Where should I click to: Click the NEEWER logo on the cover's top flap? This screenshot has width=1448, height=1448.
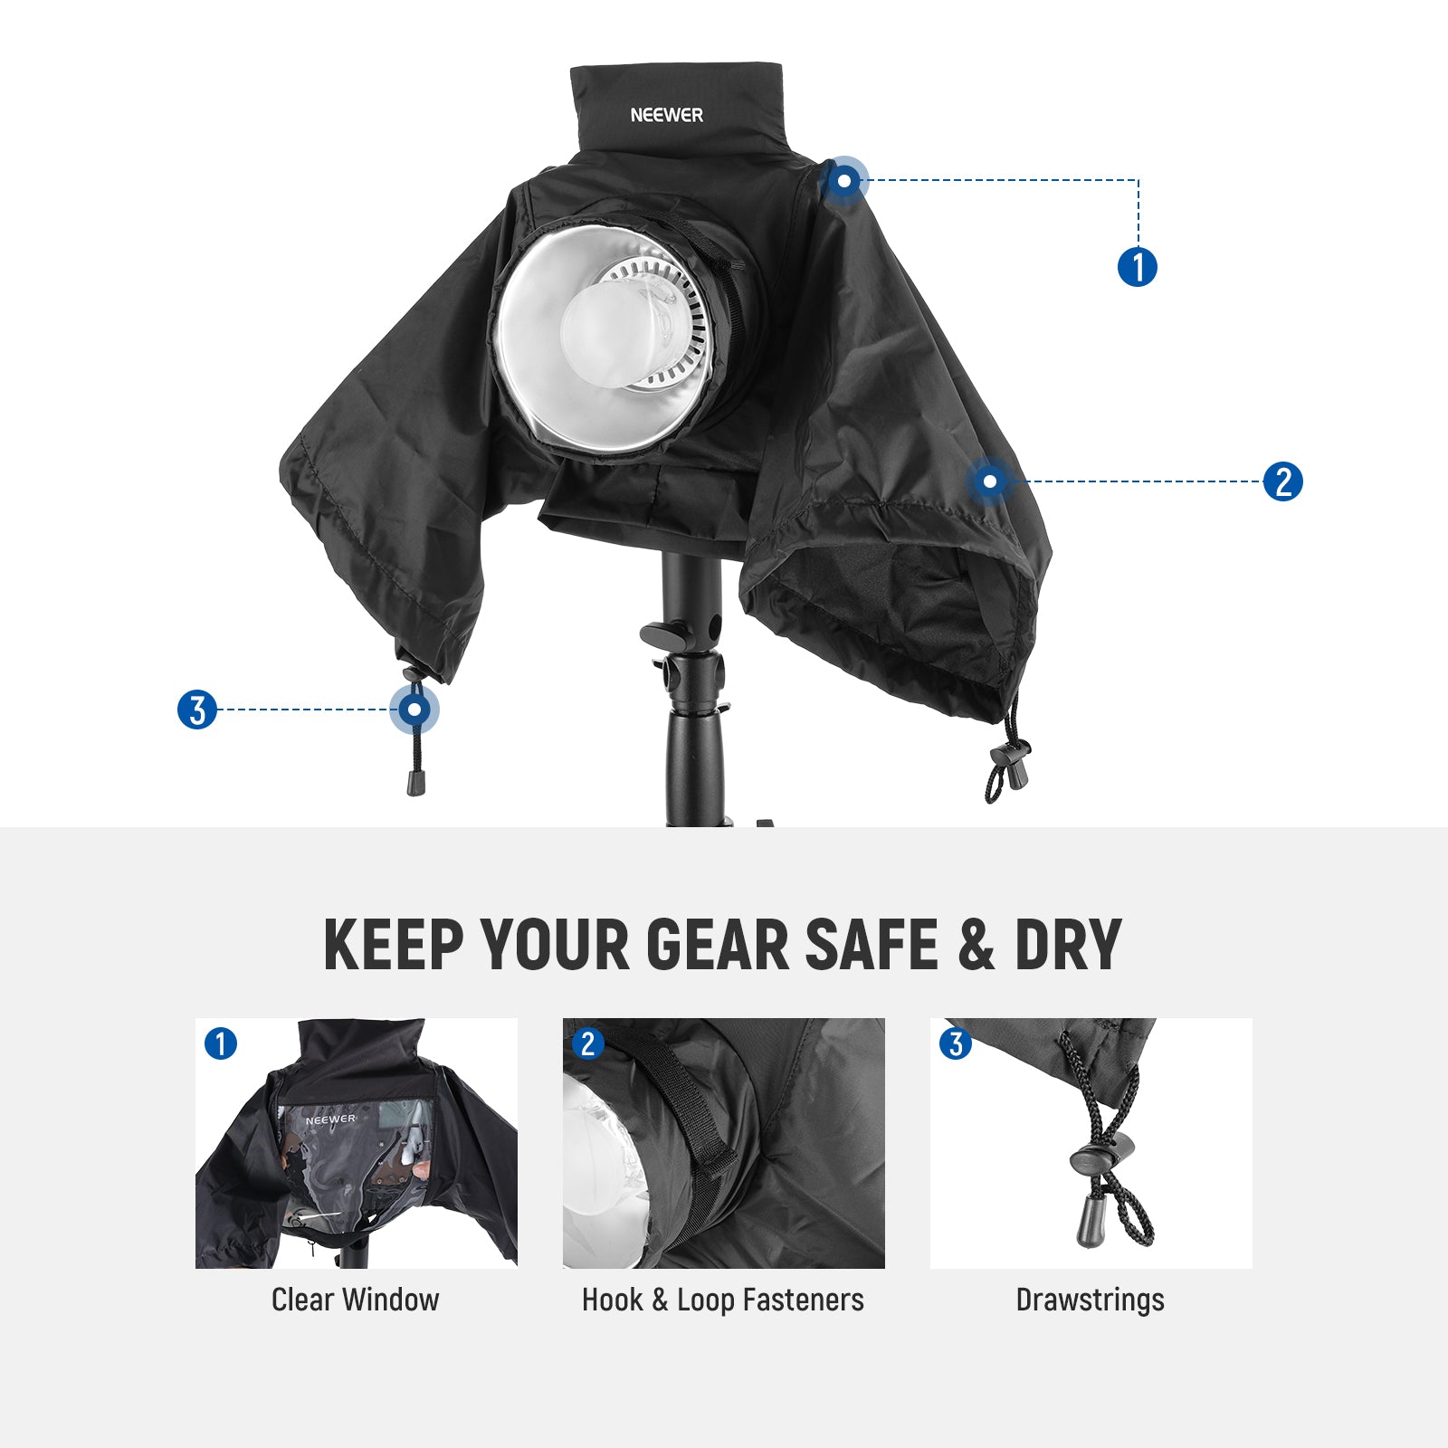click(x=666, y=115)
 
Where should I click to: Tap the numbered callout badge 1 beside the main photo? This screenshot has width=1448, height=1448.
click(x=1138, y=267)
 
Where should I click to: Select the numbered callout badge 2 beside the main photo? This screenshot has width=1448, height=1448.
click(x=1282, y=481)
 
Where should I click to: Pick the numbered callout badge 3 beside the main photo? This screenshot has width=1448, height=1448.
click(x=197, y=710)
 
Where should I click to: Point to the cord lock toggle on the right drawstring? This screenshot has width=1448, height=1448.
click(x=1012, y=754)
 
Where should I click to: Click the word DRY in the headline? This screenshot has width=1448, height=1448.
click(x=1068, y=945)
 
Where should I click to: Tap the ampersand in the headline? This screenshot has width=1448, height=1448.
click(x=976, y=945)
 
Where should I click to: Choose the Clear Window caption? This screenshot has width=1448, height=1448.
click(x=355, y=1300)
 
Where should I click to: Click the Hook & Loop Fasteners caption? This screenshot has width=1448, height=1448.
click(x=722, y=1300)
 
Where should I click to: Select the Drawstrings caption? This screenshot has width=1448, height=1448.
click(x=1090, y=1300)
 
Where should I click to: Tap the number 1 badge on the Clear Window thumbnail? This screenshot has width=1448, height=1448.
click(x=221, y=1043)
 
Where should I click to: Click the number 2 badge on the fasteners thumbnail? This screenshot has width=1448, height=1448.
click(x=588, y=1043)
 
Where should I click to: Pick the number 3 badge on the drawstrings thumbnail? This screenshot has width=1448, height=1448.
click(x=956, y=1043)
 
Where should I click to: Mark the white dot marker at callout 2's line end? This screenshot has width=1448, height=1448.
click(x=989, y=481)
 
